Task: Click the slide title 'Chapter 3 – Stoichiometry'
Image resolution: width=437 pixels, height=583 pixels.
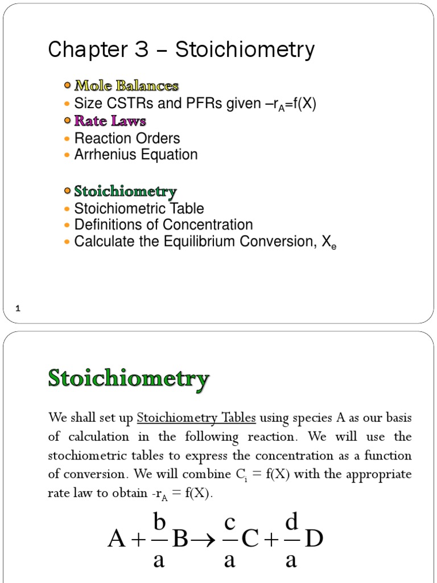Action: tap(181, 50)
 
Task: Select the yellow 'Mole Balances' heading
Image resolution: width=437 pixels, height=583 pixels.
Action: tap(127, 86)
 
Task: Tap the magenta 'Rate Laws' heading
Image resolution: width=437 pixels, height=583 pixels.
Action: tap(110, 121)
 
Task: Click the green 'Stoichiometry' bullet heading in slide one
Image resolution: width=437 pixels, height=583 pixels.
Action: tap(125, 191)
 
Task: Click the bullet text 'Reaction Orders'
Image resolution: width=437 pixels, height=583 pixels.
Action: tap(127, 138)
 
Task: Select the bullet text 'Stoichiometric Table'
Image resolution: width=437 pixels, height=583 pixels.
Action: tap(139, 208)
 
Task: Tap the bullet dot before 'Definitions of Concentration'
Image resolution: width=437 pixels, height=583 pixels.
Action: tap(68, 225)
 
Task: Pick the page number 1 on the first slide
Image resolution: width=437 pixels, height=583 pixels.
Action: tap(18, 309)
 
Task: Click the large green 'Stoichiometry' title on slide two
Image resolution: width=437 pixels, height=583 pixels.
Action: tap(129, 379)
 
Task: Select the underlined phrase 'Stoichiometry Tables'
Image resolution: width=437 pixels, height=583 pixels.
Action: tap(197, 418)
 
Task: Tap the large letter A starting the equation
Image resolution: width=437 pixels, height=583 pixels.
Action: tap(117, 539)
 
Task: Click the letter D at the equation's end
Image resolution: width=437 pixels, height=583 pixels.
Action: tap(314, 539)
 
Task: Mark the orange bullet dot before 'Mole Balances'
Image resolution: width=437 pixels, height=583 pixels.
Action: tap(68, 86)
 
